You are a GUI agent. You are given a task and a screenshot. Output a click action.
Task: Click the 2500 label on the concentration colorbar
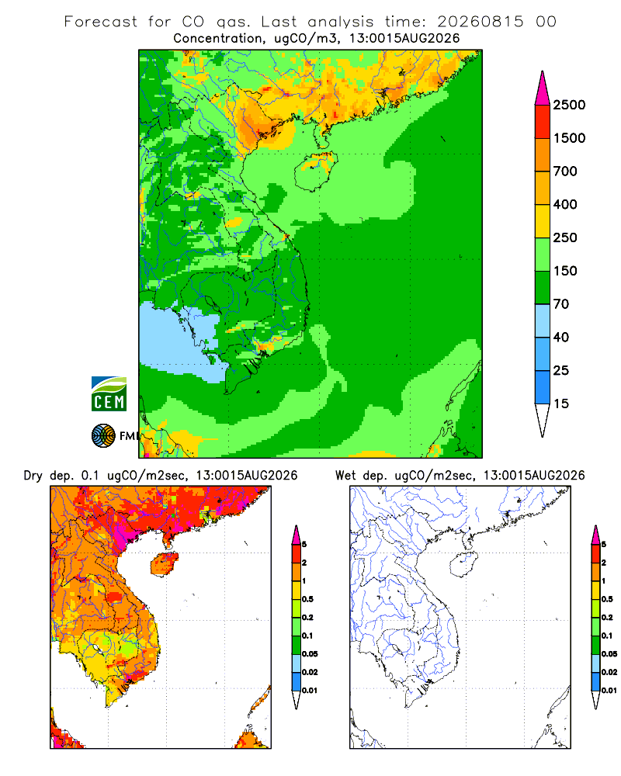click(569, 105)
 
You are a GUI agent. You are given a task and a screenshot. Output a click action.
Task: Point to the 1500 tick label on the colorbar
click(569, 138)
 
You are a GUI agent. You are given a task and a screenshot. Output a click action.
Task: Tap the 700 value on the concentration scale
click(565, 171)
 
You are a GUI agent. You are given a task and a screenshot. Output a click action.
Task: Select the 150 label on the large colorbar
click(565, 271)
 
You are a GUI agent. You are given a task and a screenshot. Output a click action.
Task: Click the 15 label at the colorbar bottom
click(561, 404)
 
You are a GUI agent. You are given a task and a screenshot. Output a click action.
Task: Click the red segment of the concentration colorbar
click(543, 122)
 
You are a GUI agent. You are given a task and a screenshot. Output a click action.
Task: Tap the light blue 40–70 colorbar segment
click(543, 320)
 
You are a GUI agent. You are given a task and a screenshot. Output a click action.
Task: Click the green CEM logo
click(109, 394)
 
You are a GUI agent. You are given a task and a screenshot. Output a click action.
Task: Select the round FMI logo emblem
click(103, 436)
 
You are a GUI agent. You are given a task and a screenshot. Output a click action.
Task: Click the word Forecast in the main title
click(101, 22)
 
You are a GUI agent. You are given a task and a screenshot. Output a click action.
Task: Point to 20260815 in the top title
click(480, 22)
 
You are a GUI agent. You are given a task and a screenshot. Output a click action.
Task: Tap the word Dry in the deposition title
click(33, 476)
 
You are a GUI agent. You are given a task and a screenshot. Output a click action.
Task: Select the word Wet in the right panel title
click(345, 476)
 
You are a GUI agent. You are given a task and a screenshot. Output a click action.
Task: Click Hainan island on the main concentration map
click(316, 171)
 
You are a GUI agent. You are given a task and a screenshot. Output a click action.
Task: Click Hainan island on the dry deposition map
click(164, 564)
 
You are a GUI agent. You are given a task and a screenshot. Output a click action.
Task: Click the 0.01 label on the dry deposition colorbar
click(310, 691)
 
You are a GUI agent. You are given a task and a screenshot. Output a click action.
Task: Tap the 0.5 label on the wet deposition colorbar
click(607, 599)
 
